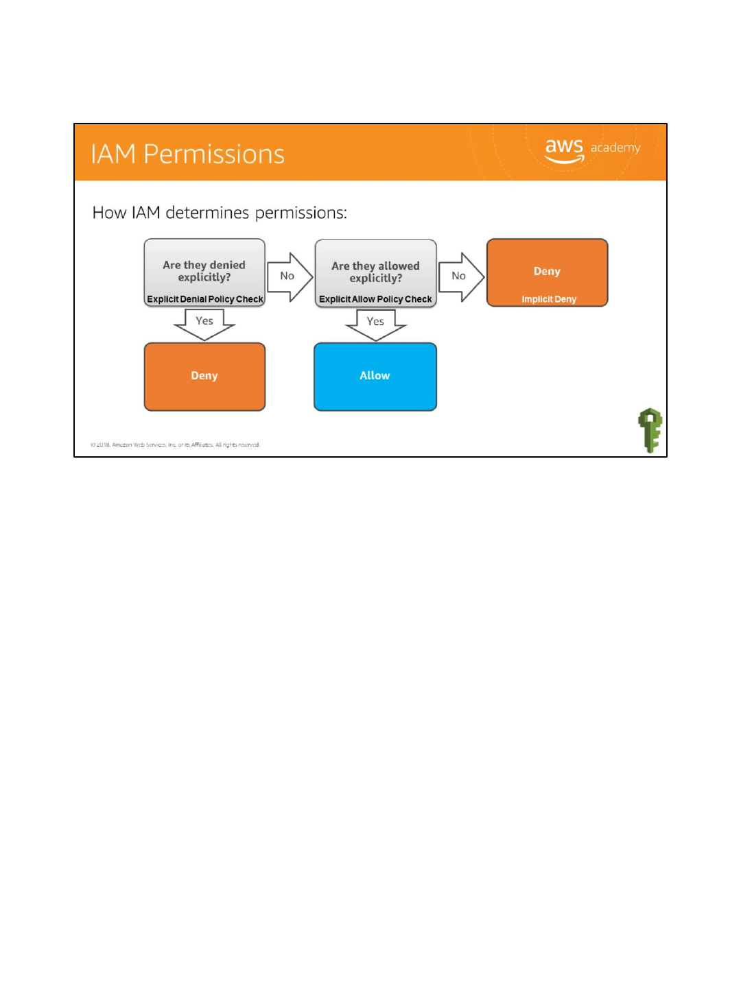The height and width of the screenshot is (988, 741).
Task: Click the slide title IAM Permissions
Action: click(187, 154)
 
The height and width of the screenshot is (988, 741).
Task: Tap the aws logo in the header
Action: click(564, 149)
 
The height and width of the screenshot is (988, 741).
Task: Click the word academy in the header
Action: click(615, 148)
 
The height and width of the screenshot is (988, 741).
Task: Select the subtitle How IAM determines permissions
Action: click(220, 213)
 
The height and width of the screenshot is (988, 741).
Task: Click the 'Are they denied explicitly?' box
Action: click(204, 270)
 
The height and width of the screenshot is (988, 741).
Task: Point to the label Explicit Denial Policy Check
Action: click(204, 299)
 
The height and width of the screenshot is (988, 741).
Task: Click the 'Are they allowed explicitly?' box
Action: click(375, 272)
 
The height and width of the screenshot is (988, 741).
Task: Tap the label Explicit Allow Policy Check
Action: click(375, 299)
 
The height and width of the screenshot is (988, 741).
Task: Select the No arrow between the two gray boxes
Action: click(289, 276)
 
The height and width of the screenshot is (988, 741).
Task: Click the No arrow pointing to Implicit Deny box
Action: click(460, 276)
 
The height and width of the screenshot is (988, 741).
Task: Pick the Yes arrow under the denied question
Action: click(204, 323)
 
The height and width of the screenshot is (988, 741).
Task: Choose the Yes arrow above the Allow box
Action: click(375, 324)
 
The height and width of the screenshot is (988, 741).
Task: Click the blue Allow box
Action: click(375, 376)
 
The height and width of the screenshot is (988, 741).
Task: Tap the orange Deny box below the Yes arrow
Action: click(204, 376)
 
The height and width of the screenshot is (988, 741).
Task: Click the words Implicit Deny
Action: click(549, 299)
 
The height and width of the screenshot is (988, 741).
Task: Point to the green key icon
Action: click(650, 430)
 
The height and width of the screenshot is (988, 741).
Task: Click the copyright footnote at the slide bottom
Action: click(175, 445)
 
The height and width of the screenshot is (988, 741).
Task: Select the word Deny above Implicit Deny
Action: click(547, 271)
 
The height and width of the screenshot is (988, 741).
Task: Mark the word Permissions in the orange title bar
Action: click(214, 154)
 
